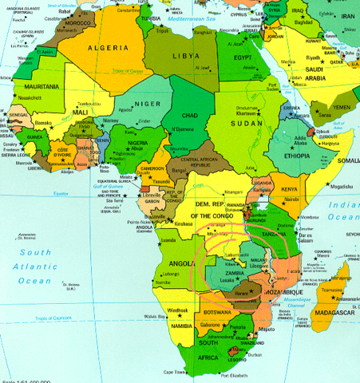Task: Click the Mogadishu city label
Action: (329, 186)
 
